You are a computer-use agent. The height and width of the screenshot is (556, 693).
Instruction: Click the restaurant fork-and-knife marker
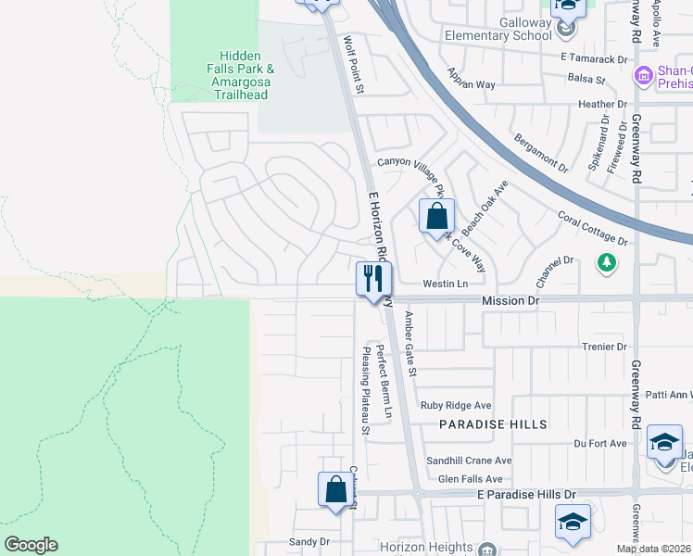[374, 279]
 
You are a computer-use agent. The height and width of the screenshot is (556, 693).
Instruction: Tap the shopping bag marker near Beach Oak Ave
[436, 217]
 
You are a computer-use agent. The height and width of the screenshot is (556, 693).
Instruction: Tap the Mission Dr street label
[510, 301]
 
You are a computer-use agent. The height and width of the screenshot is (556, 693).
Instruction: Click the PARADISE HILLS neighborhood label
[493, 423]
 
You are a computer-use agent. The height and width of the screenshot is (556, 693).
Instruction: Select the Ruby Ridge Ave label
[455, 405]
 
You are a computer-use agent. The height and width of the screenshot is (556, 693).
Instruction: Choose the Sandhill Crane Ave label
[469, 461]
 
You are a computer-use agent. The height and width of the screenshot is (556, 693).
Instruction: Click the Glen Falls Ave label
[470, 478]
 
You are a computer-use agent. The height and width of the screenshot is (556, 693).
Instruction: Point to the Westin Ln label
[445, 284]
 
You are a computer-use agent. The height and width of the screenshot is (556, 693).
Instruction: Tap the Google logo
[31, 545]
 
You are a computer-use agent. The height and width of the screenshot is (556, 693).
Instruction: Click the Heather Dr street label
[602, 105]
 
